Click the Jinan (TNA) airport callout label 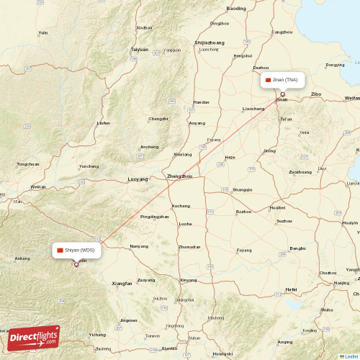coord(283,79)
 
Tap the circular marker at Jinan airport coord(282,94)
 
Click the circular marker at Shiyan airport coord(76,264)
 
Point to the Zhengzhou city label coord(179,176)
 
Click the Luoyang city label coord(137,179)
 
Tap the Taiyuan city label coord(139,49)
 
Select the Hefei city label coord(291,289)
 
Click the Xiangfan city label coord(122,284)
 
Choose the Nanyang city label coord(139,246)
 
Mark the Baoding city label coord(236,9)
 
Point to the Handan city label coord(202,102)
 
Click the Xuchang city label coord(181,206)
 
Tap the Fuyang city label coord(245,250)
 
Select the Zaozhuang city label coord(300,172)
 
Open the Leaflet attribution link coord(349,356)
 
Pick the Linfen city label coord(104,123)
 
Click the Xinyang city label coord(188,279)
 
